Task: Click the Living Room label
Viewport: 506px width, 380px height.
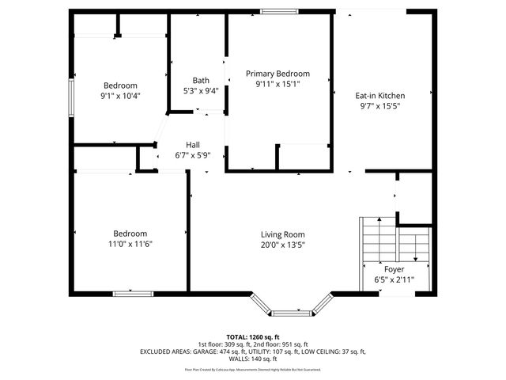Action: pyautogui.click(x=282, y=234)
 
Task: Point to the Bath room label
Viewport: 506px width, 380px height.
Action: pyautogui.click(x=201, y=80)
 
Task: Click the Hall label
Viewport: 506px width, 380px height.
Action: pyautogui.click(x=192, y=145)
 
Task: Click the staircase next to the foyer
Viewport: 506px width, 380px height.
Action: pyautogui.click(x=377, y=237)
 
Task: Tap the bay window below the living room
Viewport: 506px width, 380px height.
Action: pyautogui.click(x=291, y=306)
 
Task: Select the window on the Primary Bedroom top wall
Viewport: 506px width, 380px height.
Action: pyautogui.click(x=275, y=11)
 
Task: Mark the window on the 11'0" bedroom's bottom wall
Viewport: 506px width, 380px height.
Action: pyautogui.click(x=133, y=294)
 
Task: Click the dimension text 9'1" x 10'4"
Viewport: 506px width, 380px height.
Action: pyautogui.click(x=120, y=96)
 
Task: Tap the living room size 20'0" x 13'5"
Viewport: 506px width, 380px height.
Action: pyautogui.click(x=282, y=245)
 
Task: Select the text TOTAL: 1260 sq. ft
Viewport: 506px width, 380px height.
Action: pyautogui.click(x=253, y=336)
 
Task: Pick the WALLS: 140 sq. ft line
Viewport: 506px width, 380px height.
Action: pyautogui.click(x=253, y=358)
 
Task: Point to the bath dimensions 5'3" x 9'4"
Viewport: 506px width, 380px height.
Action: pyautogui.click(x=201, y=90)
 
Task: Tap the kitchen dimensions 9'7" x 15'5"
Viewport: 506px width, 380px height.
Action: pyautogui.click(x=379, y=106)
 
